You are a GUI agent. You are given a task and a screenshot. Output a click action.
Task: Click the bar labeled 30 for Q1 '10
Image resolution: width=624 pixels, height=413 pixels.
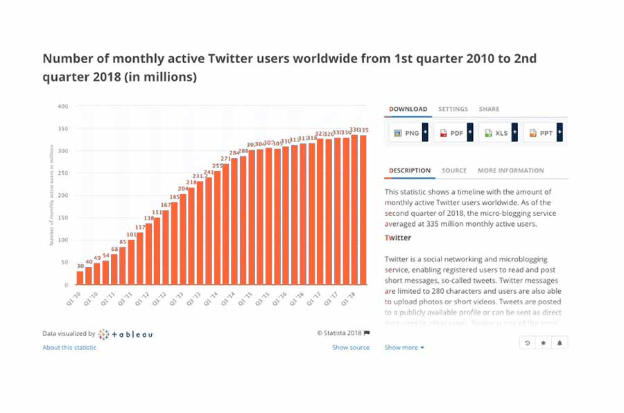point(80,277)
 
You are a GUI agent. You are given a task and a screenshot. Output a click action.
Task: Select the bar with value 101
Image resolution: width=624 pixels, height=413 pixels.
point(131,261)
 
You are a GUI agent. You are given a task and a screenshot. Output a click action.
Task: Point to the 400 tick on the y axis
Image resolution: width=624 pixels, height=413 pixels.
point(63,106)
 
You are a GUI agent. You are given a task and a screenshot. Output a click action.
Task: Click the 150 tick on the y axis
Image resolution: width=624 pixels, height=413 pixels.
point(63,218)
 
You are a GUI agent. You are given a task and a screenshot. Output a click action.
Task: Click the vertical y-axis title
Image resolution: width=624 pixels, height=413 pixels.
point(51,196)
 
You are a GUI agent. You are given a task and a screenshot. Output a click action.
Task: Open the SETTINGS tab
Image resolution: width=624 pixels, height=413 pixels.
point(453,109)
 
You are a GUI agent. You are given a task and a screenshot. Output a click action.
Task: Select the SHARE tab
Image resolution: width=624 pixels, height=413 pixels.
point(489,109)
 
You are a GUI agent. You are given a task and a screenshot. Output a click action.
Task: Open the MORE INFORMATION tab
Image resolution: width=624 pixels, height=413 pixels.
point(510,170)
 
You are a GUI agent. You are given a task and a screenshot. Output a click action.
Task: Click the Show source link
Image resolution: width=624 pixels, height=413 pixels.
point(350,347)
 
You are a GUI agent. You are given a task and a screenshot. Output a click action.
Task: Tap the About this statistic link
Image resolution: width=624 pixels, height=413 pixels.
point(69,347)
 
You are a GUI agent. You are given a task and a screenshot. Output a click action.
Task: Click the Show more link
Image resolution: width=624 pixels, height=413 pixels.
point(404,347)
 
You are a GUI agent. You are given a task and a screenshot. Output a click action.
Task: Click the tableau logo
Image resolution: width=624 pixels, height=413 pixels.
point(125,334)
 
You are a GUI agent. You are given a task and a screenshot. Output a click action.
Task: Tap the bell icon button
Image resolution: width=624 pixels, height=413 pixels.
point(559,343)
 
